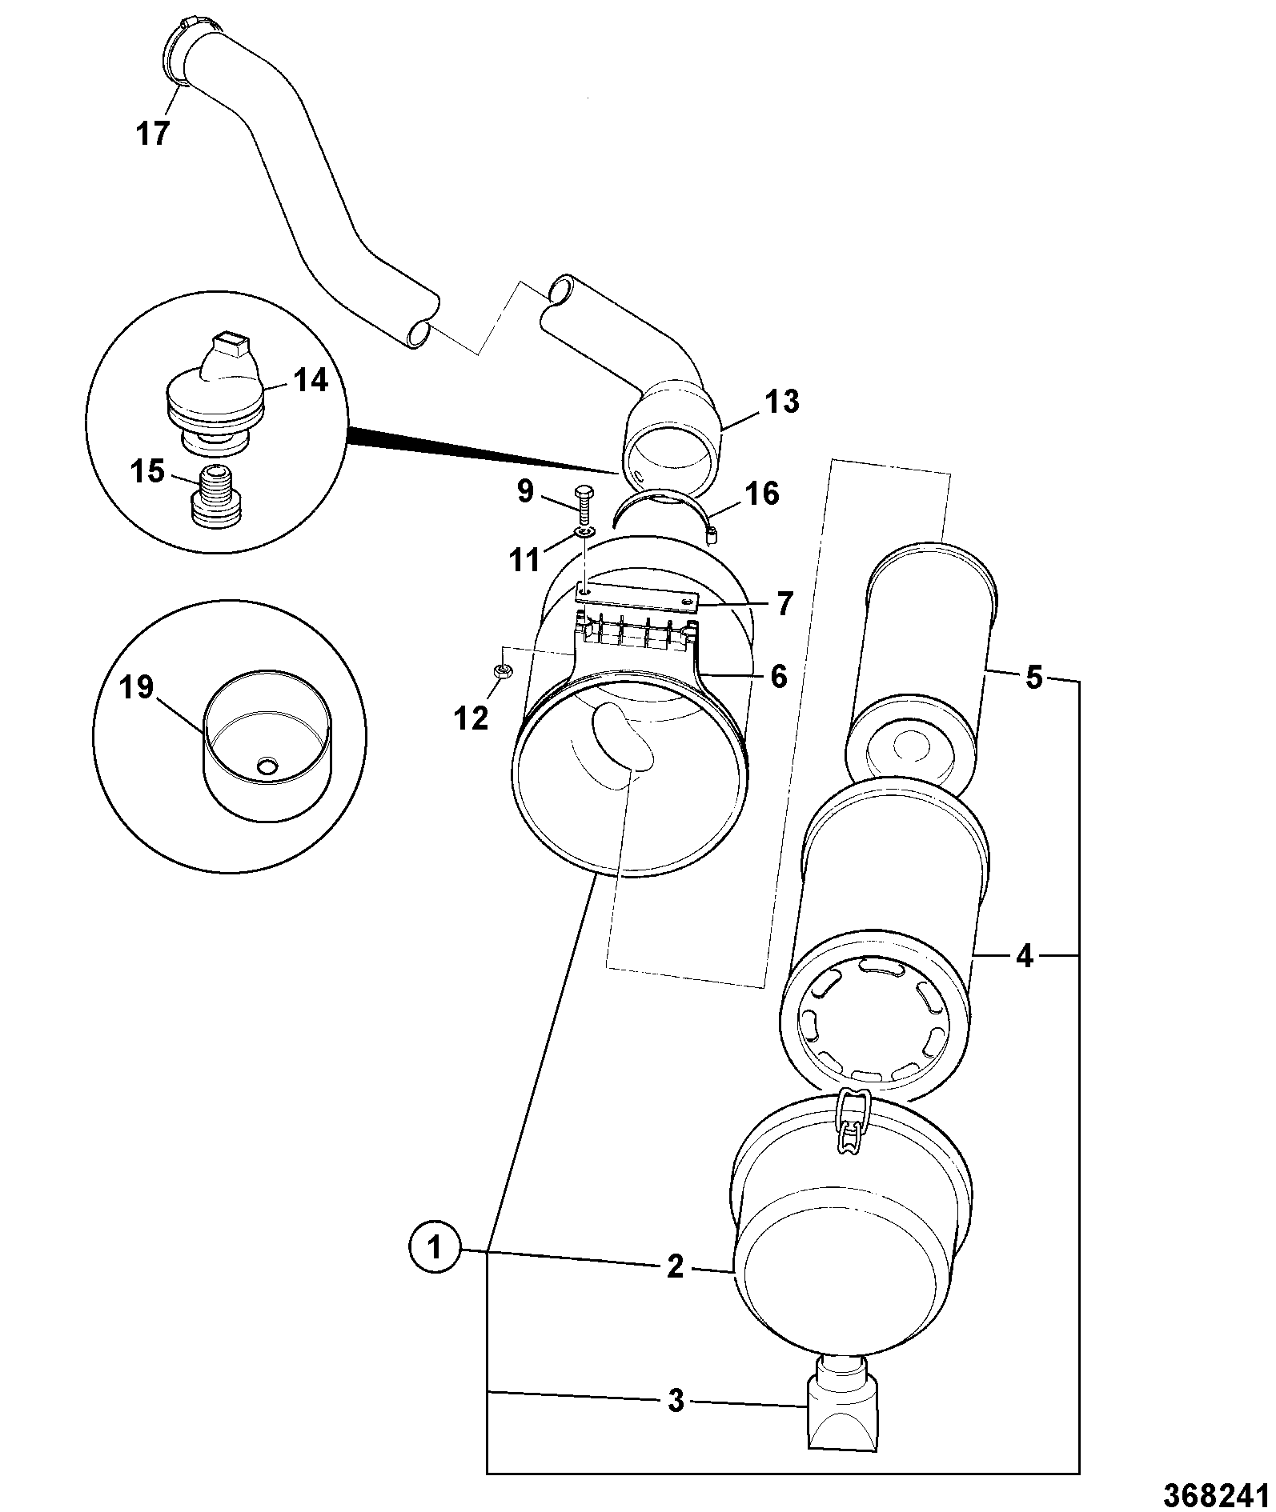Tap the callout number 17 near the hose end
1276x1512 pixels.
click(153, 134)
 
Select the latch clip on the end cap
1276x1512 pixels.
click(853, 1123)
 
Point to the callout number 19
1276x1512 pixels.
click(137, 688)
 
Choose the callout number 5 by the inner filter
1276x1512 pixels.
click(1033, 678)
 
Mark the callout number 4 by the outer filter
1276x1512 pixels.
click(1025, 956)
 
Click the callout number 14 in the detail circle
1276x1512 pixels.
click(310, 381)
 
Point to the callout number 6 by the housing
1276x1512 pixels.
click(779, 677)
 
